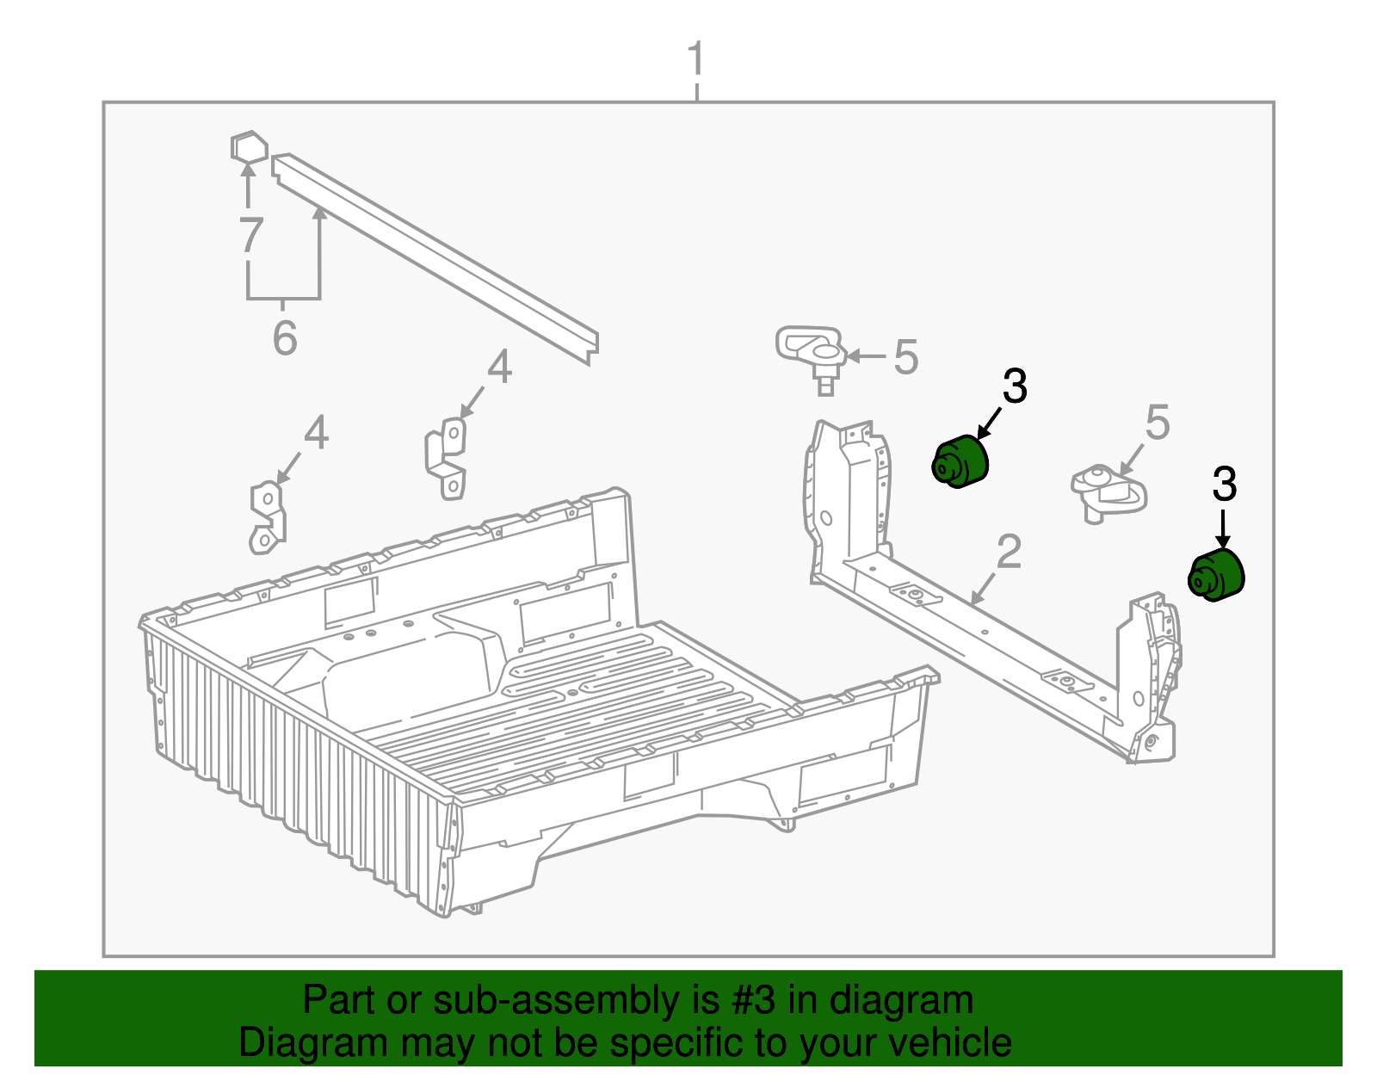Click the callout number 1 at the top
click(x=696, y=59)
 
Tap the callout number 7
click(x=250, y=234)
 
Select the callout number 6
click(x=285, y=337)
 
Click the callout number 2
click(x=1009, y=552)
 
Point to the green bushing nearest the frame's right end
click(x=1216, y=575)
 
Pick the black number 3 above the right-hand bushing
click(x=1224, y=485)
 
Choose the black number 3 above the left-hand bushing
click(x=1015, y=386)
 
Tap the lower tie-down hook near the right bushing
click(x=1108, y=491)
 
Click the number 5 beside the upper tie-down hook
click(x=905, y=356)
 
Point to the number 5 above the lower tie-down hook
click(x=1158, y=423)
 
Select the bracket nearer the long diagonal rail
click(x=447, y=456)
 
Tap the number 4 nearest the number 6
click(x=499, y=368)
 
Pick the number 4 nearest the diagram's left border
click(x=316, y=433)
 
